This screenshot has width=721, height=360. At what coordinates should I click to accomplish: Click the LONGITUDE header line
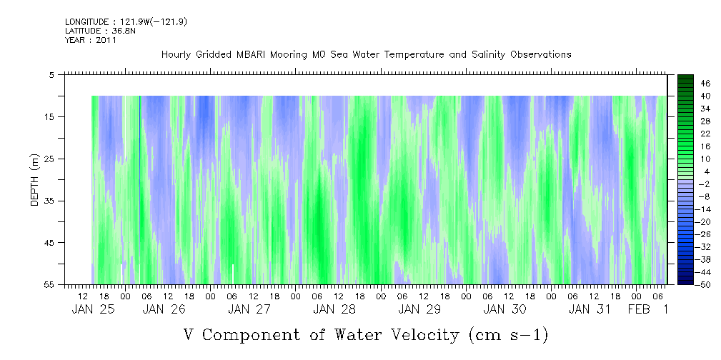coord(126,22)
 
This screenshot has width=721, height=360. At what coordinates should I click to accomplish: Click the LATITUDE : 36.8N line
coord(100,31)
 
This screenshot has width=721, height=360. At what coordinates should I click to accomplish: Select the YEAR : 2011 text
coord(91,40)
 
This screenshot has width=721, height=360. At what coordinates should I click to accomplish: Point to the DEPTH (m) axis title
coord(36,180)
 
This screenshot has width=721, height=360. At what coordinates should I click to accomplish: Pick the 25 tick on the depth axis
coord(49,159)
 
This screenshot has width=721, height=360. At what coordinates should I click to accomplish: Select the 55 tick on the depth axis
coord(49,285)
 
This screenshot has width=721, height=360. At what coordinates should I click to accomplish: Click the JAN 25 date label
coord(93,309)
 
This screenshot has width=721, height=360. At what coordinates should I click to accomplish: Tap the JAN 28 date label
coord(334,309)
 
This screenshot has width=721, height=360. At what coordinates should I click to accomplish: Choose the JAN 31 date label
coord(590,309)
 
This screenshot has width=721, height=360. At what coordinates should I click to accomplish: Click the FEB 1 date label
coord(648,309)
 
